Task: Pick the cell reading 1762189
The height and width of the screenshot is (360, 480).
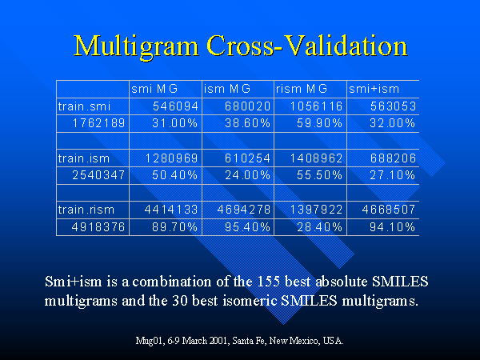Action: [94, 123]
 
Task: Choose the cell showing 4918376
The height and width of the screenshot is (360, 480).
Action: [94, 227]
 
